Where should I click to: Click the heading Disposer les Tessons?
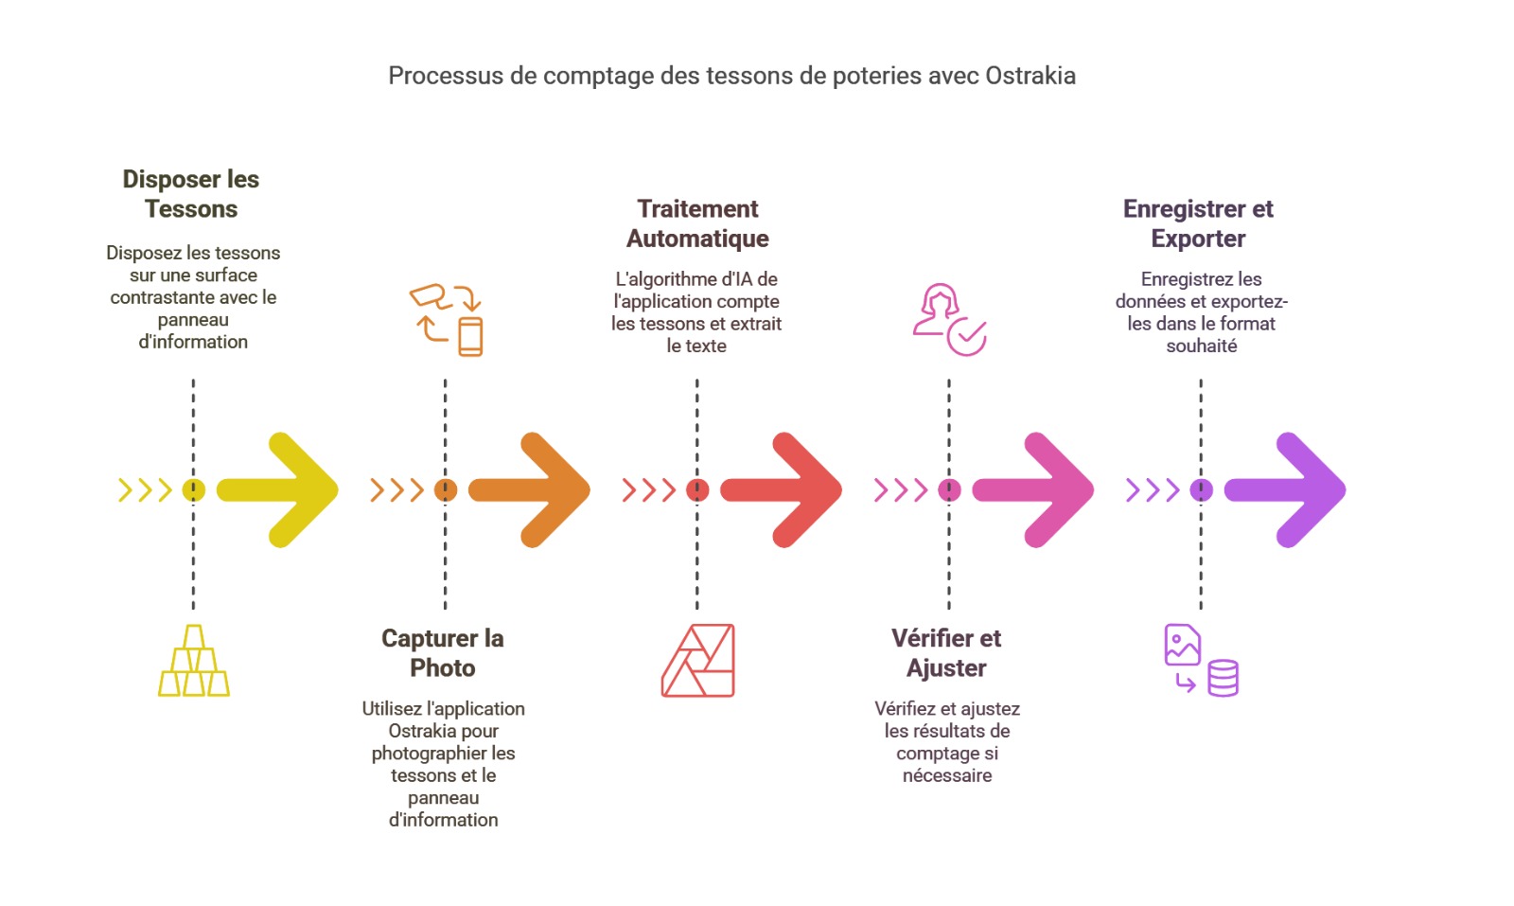point(191,194)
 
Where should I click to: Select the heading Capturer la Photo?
point(443,653)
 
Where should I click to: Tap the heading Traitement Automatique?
point(697,223)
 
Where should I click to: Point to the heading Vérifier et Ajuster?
point(946,653)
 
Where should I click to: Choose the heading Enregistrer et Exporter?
point(1198,223)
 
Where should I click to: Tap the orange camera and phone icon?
point(447,320)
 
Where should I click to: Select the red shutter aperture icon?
point(698,661)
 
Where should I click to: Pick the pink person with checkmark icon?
point(949,320)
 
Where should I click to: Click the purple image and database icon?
point(1201,661)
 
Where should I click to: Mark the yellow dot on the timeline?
point(193,489)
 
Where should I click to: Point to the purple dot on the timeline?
point(1201,489)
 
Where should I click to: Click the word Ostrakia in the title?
point(1030,76)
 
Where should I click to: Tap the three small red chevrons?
point(648,489)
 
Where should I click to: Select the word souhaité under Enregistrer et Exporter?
point(1201,346)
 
